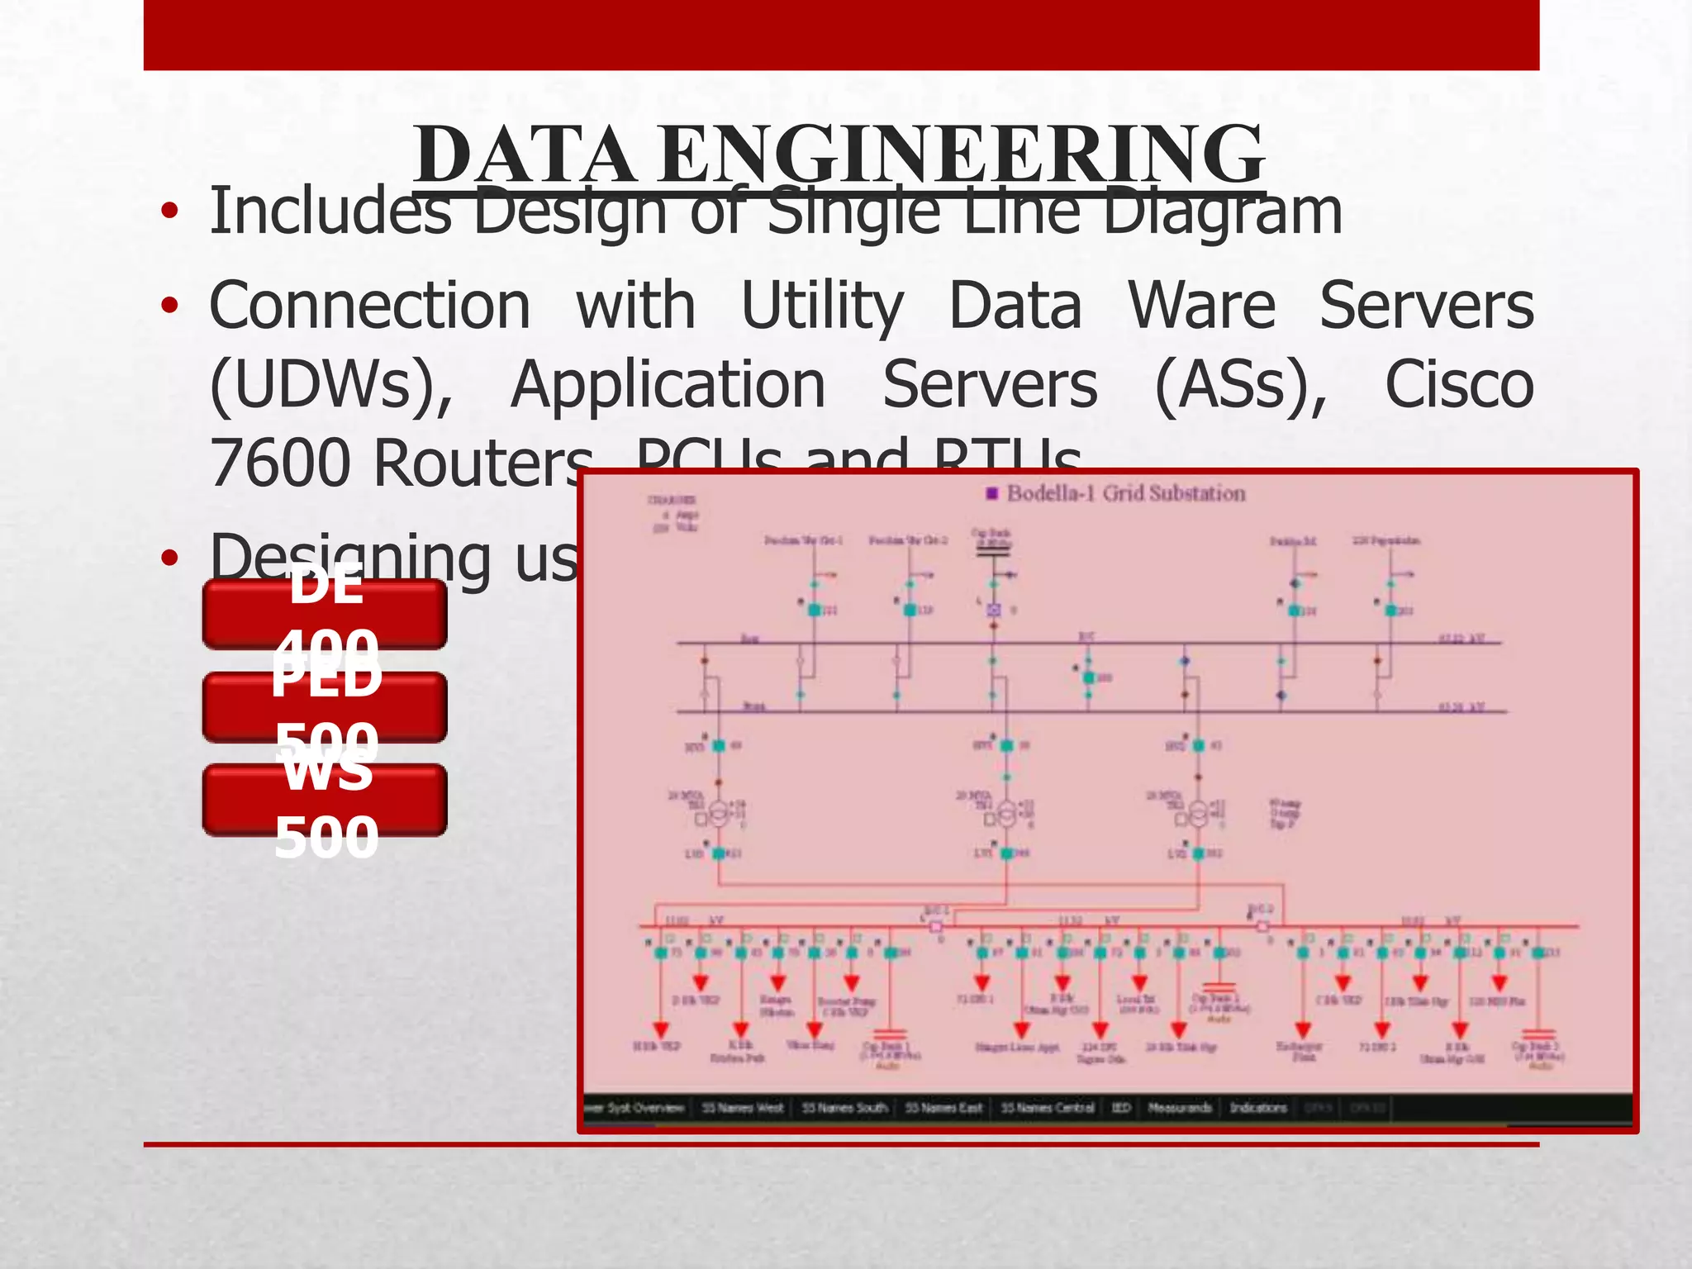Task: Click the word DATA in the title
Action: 525,155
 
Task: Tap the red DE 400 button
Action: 325,614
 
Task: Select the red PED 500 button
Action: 325,707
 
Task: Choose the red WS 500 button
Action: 325,800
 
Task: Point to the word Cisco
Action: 1459,385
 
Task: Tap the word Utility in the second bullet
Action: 822,306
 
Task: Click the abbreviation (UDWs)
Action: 331,385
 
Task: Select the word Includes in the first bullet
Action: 330,211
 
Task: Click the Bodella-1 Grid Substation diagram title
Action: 1125,493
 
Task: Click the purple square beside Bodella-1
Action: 992,494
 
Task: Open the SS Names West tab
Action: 742,1108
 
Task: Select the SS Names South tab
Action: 844,1108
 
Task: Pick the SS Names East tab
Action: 943,1108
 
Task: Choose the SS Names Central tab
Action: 1048,1108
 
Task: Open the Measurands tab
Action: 1180,1108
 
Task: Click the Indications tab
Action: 1258,1108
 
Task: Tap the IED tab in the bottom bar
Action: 1120,1108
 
